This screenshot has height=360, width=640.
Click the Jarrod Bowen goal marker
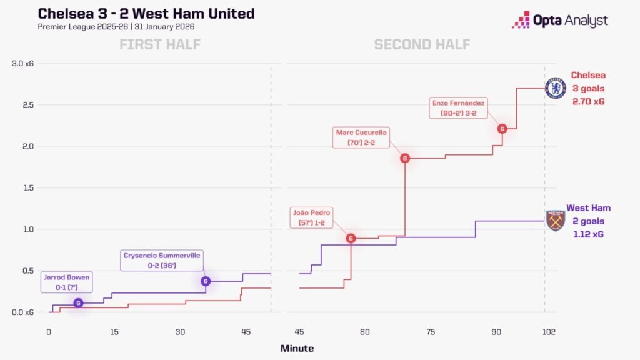[x=78, y=303]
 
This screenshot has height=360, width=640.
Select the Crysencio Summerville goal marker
[x=206, y=281]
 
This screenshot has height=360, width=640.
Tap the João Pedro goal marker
[x=351, y=238]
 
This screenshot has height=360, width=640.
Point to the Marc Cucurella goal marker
[x=405, y=158]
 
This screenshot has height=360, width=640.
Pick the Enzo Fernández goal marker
[x=502, y=129]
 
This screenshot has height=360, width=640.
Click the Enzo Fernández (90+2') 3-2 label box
[x=458, y=107]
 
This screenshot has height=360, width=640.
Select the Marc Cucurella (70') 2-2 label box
[x=361, y=137]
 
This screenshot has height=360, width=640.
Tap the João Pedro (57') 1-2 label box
[x=311, y=217]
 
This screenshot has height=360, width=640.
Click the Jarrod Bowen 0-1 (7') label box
[x=66, y=282]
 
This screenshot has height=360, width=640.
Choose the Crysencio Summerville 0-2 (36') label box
[x=162, y=261]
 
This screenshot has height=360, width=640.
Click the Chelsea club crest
[x=556, y=88]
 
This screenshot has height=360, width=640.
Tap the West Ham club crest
[x=556, y=221]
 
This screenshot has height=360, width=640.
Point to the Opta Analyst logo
[x=560, y=20]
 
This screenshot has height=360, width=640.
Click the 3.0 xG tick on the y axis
[x=23, y=63]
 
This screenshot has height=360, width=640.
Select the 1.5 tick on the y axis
[x=28, y=187]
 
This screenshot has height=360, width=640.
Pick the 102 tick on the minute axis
[x=549, y=332]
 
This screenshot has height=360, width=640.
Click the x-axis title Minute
[x=297, y=349]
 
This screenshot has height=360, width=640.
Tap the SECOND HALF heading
[x=422, y=44]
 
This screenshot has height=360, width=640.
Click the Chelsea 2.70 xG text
[x=588, y=102]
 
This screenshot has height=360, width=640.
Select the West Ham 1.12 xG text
[x=588, y=234]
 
